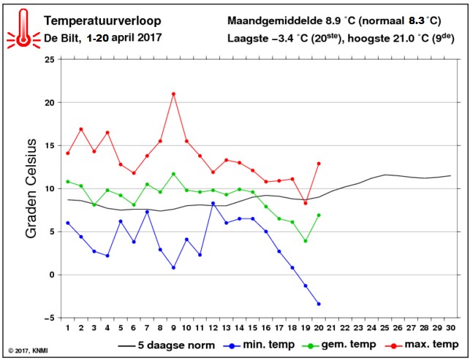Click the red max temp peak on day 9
tap(173, 93)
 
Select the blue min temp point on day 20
tap(319, 304)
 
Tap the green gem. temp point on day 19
tap(306, 241)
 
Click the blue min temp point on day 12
tap(213, 203)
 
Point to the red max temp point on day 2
tap(81, 129)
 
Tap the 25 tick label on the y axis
tap(49, 60)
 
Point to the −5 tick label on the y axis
tap(49, 318)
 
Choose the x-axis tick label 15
tap(252, 328)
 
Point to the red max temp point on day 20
tap(319, 164)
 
